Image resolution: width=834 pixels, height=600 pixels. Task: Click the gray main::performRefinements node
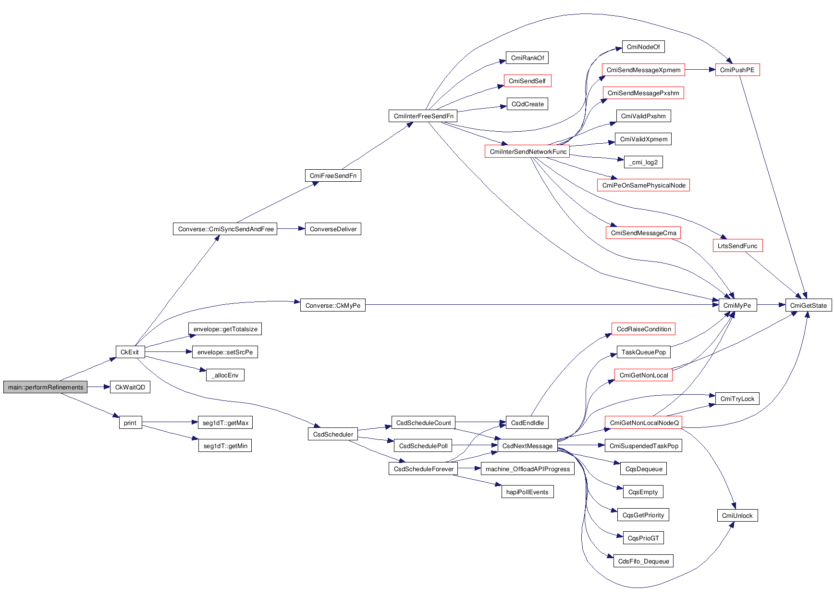coord(46,387)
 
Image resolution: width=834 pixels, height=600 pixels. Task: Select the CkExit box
coord(130,352)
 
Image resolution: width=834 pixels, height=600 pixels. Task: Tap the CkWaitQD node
coord(130,387)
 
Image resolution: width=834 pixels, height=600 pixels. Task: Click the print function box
coord(130,423)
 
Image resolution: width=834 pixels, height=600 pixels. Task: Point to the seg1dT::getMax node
coord(225,423)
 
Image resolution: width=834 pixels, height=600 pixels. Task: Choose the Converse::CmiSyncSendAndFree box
coord(225,229)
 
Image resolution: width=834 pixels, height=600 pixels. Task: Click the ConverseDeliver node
coord(333,229)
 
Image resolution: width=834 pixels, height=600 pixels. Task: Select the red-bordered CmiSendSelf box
coord(527,81)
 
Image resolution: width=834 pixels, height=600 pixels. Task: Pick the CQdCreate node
coord(527,104)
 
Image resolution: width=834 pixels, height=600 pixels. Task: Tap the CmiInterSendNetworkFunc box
coord(527,151)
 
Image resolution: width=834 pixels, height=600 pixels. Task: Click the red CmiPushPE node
coord(737,70)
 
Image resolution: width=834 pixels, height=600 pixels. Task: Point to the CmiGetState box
coord(808,305)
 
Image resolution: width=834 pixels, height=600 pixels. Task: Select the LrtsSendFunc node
coord(737,246)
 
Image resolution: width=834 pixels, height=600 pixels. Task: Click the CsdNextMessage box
coord(527,446)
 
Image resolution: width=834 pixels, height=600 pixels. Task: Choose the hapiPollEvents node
coord(527,492)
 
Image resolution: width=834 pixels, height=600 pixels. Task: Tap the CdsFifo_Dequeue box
coord(643,561)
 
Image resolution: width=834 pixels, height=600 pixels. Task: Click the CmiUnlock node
coord(737,515)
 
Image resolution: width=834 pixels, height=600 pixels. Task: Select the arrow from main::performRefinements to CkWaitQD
coord(99,387)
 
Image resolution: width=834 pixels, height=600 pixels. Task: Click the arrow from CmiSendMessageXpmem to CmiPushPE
coord(700,70)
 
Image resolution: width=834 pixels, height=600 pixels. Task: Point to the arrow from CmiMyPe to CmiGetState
coord(771,305)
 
